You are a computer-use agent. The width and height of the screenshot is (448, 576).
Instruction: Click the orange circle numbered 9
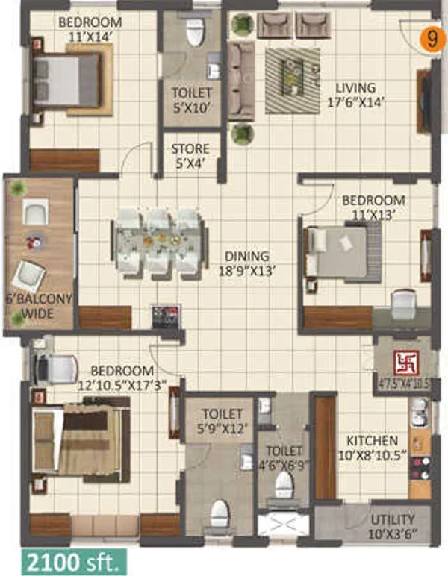432,39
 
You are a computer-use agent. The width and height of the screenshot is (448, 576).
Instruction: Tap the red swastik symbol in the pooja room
406,363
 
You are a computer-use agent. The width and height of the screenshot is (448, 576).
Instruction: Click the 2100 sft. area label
74,561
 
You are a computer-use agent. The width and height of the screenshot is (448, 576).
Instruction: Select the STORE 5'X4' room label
190,156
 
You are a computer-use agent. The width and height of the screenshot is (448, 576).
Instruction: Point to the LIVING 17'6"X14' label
355,95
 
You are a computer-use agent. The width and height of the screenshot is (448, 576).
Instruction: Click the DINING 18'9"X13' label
247,263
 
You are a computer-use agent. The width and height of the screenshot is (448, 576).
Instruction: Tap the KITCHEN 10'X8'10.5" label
373,448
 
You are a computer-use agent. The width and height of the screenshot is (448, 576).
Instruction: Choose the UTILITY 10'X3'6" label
393,527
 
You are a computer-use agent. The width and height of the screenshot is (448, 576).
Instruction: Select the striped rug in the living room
293,81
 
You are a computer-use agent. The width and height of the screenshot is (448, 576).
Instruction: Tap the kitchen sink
419,412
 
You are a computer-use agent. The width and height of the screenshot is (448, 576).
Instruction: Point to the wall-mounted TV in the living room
423,101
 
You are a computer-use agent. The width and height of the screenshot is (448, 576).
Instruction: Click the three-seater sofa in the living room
241,81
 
